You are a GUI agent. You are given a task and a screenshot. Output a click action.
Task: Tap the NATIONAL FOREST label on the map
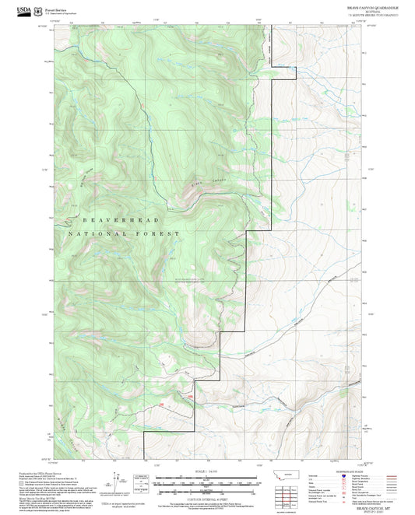point(124,233)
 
